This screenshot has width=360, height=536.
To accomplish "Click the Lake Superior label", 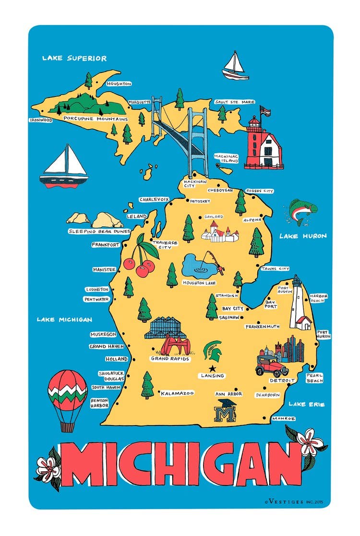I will coord(74,59).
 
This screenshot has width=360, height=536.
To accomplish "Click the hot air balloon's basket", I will coord(67,426).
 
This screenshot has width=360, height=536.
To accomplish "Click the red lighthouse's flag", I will coord(265,111).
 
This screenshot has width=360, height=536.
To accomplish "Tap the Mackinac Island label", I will coord(226,158).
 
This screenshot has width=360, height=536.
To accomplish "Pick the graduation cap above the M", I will coord(226,403).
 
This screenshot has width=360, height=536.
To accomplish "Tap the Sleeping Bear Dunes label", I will coord(99,231).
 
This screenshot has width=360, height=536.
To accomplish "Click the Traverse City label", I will coord(165,245).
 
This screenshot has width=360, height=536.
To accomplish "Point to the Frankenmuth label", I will coord(262,327).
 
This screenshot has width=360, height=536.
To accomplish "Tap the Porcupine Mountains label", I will coord(96,119).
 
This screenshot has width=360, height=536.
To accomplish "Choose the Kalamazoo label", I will coord(177,393).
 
